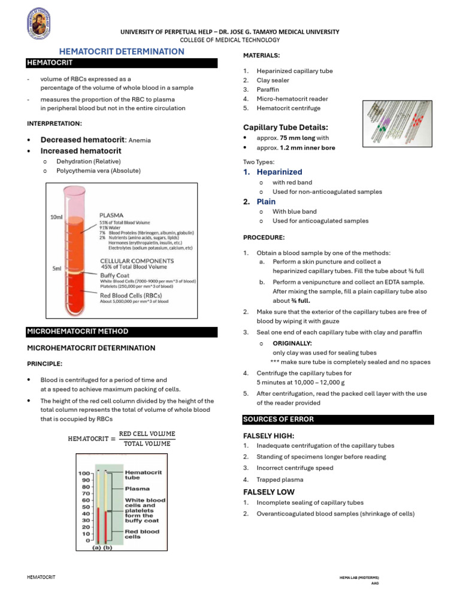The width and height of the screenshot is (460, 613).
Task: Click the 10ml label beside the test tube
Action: pyautogui.click(x=56, y=217)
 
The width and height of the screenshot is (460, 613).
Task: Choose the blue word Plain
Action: pyautogui.click(x=266, y=202)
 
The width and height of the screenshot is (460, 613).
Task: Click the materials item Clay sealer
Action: pyautogui.click(x=273, y=80)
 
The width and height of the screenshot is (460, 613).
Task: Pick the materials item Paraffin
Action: pyautogui.click(x=268, y=90)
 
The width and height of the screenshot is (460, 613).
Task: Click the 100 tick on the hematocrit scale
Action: pyautogui.click(x=84, y=473)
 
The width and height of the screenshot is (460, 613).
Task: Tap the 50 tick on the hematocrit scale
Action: pyautogui.click(x=86, y=506)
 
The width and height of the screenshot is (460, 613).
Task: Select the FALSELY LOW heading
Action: pyautogui.click(x=269, y=491)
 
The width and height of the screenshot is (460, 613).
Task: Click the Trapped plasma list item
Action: pyautogui.click(x=280, y=480)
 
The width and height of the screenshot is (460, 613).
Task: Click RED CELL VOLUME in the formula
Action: pyautogui.click(x=147, y=433)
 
